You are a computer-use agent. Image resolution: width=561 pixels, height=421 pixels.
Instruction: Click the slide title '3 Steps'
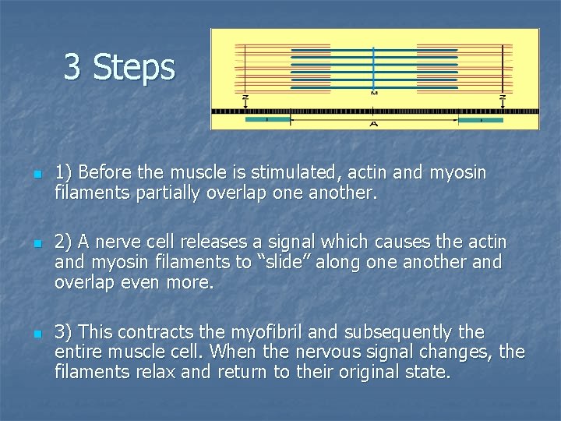[119, 67]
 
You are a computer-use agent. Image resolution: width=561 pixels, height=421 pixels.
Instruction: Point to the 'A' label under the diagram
[374, 125]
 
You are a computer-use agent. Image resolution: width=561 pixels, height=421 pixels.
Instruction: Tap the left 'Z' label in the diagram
[245, 98]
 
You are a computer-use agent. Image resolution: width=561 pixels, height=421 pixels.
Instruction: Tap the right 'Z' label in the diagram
[503, 98]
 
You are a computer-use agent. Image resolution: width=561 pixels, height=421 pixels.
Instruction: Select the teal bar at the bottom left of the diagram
[266, 120]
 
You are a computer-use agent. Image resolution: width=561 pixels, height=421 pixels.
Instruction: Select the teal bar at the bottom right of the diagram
[480, 120]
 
